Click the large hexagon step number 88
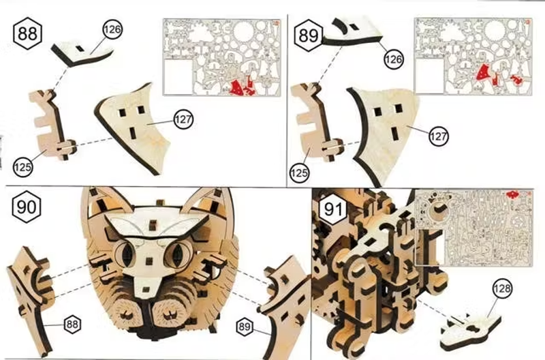pyautogui.click(x=28, y=33)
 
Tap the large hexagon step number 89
pyautogui.click(x=309, y=35)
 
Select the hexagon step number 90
pyautogui.click(x=27, y=207)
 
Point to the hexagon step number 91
pyautogui.click(x=333, y=209)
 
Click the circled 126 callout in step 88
pyautogui.click(x=112, y=29)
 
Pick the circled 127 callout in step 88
pyautogui.click(x=183, y=119)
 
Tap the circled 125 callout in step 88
pyautogui.click(x=23, y=167)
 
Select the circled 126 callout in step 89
pyautogui.click(x=394, y=59)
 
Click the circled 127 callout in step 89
pyautogui.click(x=438, y=136)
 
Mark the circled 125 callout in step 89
pyautogui.click(x=299, y=172)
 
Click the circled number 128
pyautogui.click(x=503, y=288)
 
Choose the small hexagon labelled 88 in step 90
pyautogui.click(x=72, y=324)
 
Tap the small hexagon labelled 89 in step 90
pyautogui.click(x=245, y=327)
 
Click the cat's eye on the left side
pyautogui.click(x=126, y=253)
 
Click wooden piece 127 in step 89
pyautogui.click(x=386, y=136)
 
